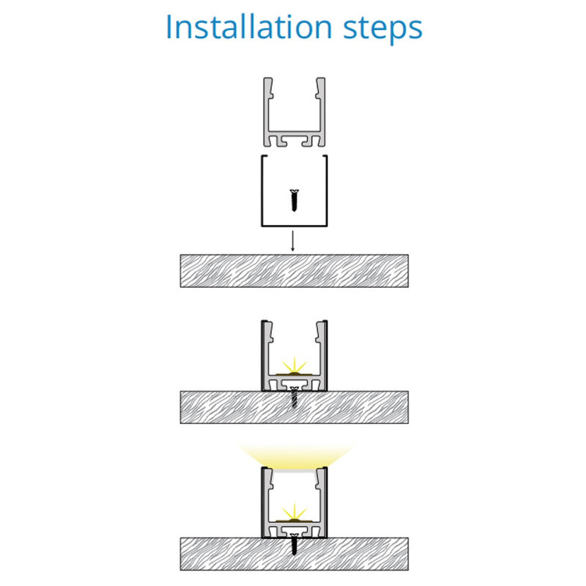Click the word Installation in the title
(x=248, y=27)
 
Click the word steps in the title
(x=382, y=29)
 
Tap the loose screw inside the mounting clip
(x=294, y=200)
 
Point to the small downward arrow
(x=292, y=241)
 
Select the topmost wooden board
(x=294, y=271)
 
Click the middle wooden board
(x=294, y=407)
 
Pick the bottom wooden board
(x=294, y=554)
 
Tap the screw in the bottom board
(x=294, y=544)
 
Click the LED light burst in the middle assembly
(x=294, y=366)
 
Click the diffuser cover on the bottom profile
(x=294, y=470)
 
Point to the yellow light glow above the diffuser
(x=295, y=456)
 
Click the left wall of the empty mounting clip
(x=262, y=190)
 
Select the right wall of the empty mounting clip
(x=327, y=190)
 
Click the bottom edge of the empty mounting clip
(x=294, y=226)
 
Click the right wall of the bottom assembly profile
(x=322, y=502)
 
